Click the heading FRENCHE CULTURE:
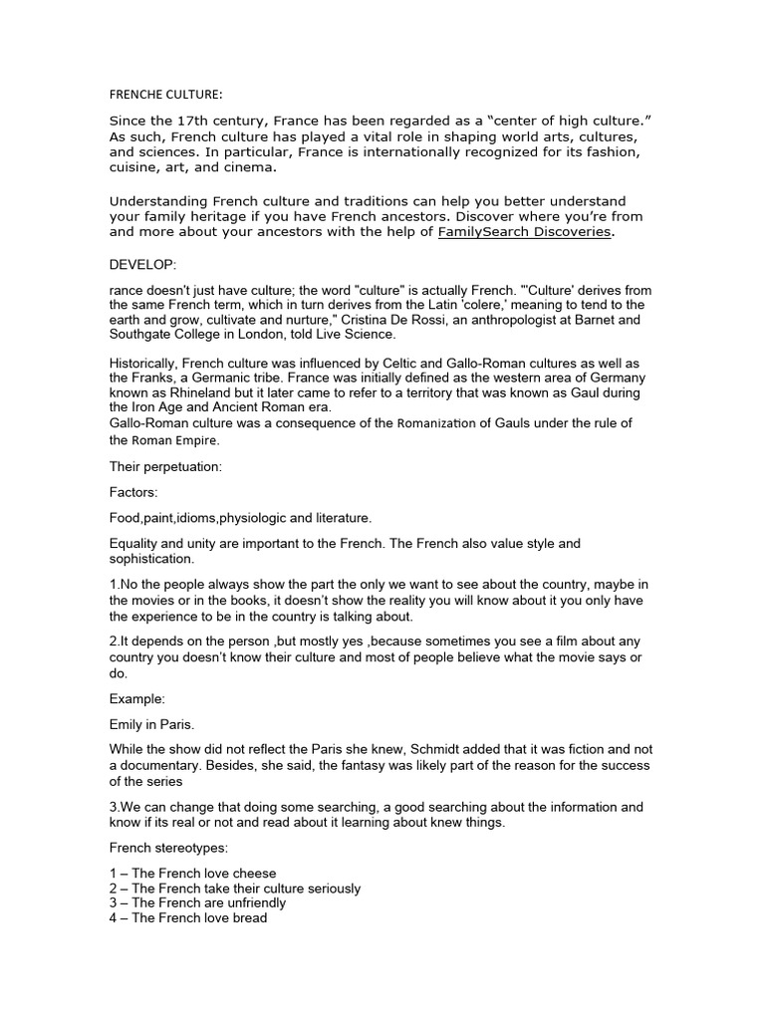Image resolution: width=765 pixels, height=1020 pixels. [x=166, y=95]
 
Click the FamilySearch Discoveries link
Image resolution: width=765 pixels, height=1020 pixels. [x=525, y=232]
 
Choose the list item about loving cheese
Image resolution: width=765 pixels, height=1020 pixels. [x=191, y=874]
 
